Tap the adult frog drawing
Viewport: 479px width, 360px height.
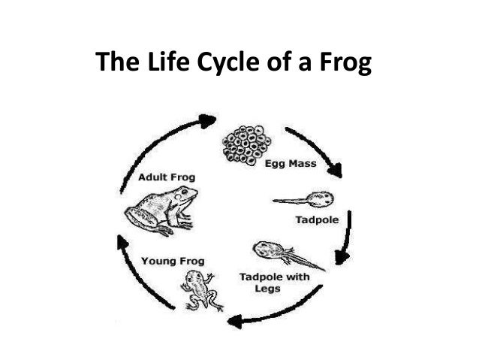point(161,210)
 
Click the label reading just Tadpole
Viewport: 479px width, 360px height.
point(316,221)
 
